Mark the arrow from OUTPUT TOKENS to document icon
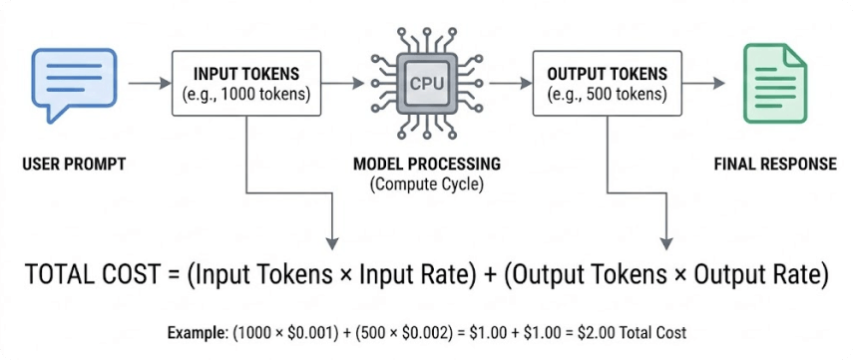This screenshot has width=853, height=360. tap(707, 84)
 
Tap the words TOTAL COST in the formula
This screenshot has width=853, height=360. tap(88, 275)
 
